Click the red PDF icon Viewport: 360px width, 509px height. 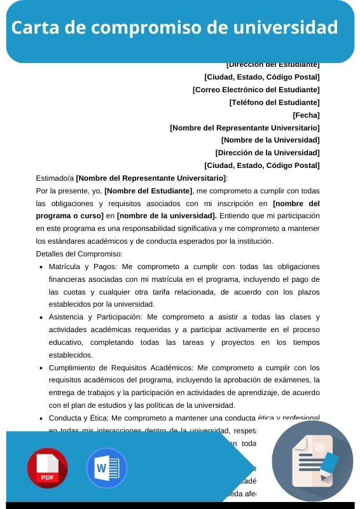(x=47, y=468)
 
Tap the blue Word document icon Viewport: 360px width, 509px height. (x=106, y=468)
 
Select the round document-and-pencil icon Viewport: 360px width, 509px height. (x=312, y=461)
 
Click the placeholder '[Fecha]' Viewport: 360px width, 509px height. (x=306, y=115)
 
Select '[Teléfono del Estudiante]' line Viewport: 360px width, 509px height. (x=274, y=102)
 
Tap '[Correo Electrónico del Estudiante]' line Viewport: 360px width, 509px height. (x=256, y=90)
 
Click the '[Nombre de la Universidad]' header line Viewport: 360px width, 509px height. (x=270, y=140)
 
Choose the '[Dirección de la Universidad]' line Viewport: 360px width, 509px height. (x=267, y=153)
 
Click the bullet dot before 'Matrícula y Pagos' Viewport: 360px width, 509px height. (x=41, y=267)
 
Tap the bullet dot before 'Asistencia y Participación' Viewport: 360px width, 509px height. (x=41, y=317)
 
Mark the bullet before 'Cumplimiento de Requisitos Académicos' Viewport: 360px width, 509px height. (x=41, y=368)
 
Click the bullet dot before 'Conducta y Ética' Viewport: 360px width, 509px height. (x=41, y=418)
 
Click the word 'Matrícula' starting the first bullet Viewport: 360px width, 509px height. (x=65, y=267)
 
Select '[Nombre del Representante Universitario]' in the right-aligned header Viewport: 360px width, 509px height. (x=244, y=128)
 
